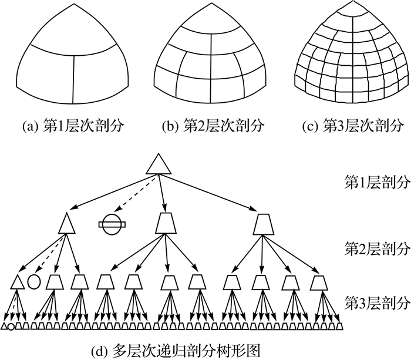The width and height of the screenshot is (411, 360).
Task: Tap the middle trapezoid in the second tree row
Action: pos(166,223)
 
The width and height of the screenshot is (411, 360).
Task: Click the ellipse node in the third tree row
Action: pos(34,281)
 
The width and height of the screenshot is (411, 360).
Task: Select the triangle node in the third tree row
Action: pos(16,282)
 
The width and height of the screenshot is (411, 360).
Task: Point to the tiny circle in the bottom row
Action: pos(11,326)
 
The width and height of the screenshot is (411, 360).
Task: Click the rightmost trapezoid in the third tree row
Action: pos(319,282)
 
